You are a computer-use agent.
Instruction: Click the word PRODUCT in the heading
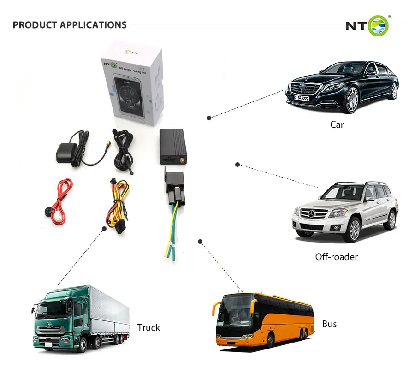click(x=33, y=25)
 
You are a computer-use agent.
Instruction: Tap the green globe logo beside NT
click(x=378, y=25)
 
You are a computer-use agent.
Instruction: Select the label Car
click(x=337, y=124)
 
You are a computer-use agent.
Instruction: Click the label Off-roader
click(x=336, y=257)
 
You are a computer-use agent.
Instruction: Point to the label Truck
click(x=148, y=328)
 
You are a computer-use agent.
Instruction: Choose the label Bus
click(x=329, y=324)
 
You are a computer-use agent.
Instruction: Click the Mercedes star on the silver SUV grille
click(x=313, y=213)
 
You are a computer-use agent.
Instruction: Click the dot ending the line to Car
click(x=209, y=118)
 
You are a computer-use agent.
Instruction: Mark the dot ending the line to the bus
click(x=200, y=241)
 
